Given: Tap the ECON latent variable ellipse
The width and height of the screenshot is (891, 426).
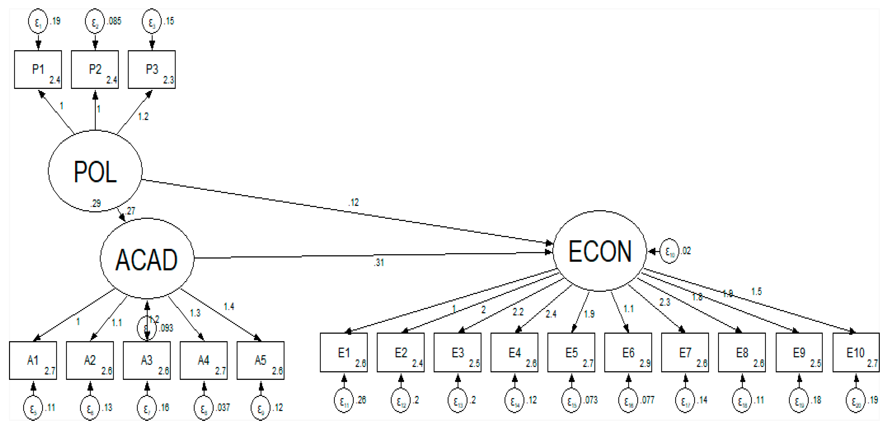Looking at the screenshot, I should coord(600,251).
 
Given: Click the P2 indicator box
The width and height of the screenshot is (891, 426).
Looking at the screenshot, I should coord(95,70).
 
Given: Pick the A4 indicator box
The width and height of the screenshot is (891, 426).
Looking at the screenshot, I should coord(203,360).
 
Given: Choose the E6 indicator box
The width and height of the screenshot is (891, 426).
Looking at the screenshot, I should coord(628,352).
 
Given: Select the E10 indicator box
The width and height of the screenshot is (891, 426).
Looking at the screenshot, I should coord(856,352).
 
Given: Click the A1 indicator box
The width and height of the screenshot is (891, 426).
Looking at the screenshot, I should coord(33,360).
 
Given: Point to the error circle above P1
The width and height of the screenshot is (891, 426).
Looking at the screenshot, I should coord(38,22).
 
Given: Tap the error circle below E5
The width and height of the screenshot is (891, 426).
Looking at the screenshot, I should coord(571,400).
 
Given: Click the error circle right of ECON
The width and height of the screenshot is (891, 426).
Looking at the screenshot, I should coord(669,251).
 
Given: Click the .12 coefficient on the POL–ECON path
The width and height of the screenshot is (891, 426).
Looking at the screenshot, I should coord(353,202).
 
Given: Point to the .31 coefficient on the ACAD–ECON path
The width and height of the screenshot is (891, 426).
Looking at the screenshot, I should coord(379,263).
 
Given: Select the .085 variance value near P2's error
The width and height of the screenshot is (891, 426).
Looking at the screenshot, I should coord(114,21).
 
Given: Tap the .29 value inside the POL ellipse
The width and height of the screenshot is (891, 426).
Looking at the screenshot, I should coord(95,203).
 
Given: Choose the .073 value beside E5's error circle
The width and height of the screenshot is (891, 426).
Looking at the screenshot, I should coord(591,400).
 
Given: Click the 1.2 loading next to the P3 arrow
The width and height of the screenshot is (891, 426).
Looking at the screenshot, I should coord(143,117).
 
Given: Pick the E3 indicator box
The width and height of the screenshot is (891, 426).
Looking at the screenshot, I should coord(457,352).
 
